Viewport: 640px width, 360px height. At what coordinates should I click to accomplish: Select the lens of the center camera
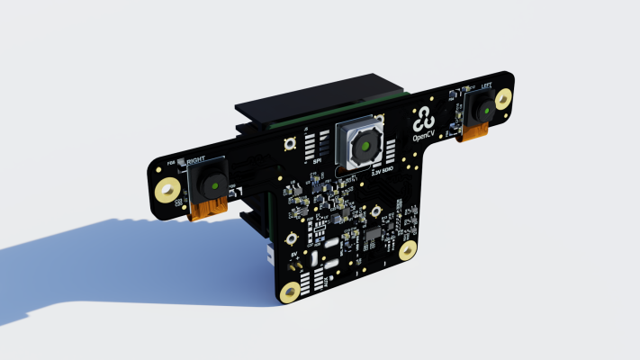tap(365, 147)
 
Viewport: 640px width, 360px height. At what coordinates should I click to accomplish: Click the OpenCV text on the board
tap(422, 138)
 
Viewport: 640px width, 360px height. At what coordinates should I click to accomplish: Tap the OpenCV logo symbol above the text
tap(421, 118)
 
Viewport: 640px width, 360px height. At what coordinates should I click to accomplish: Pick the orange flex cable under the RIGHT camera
tap(209, 210)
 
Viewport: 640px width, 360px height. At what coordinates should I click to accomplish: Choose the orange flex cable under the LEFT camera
tap(475, 136)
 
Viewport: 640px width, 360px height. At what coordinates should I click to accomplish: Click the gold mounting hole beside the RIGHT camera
tap(167, 190)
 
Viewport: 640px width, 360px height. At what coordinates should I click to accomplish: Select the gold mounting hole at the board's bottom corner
tap(290, 292)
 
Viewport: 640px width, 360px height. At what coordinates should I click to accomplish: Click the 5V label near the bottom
tap(293, 255)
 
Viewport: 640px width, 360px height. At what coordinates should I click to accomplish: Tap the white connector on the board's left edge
tap(270, 256)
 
